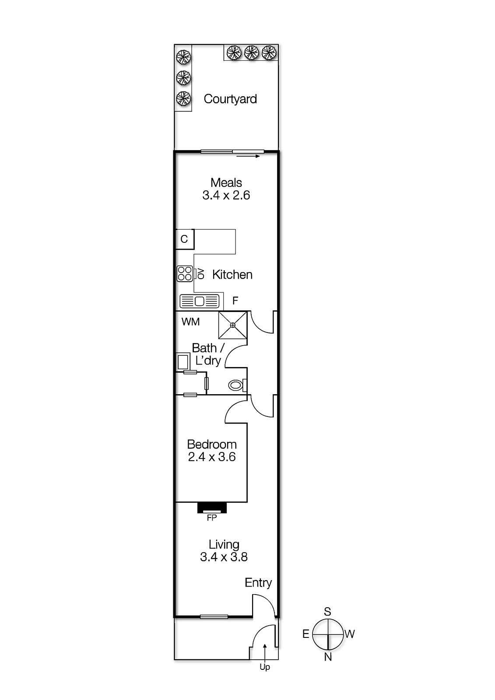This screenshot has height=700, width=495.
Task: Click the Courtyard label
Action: coord(230,99)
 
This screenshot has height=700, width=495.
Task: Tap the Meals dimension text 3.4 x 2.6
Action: coord(226,195)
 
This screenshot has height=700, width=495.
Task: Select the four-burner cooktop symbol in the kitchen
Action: coord(184,274)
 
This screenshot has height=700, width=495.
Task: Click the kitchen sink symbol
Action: coord(199,301)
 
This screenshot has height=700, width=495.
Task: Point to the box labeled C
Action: coord(184,239)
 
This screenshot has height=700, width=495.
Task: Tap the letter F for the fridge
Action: coord(235,301)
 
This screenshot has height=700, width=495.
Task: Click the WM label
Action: coord(190,322)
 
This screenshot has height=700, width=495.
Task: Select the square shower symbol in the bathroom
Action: coord(233,325)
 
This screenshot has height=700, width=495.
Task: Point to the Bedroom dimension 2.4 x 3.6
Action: coord(212,457)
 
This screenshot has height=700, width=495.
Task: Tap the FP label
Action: coord(212,518)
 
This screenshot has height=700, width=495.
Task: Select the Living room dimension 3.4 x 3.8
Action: coord(224,557)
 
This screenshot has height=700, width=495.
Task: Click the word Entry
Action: coord(258,583)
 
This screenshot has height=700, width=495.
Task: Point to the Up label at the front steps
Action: coord(264,667)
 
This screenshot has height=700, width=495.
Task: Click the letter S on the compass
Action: coord(327,612)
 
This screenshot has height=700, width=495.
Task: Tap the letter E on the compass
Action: coord(305,634)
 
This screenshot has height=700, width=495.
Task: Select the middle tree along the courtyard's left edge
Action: coord(183,77)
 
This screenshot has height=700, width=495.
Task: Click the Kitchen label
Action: coord(232,275)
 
